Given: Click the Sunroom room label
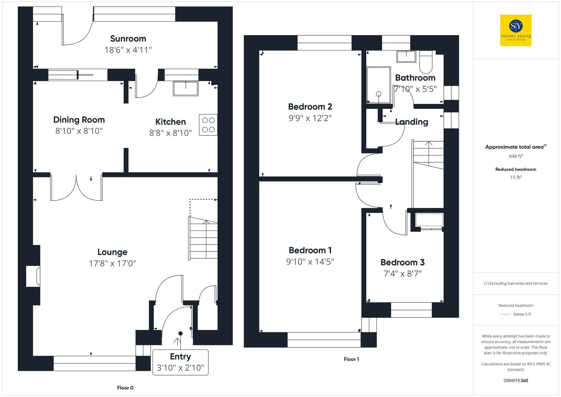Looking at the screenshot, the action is coord(128,38).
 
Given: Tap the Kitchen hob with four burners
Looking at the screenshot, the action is coord(208,125).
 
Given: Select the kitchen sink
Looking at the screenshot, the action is coord(186,88).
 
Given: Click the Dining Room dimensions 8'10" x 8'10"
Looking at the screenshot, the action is coord(79,131).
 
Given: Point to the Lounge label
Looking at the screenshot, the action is coord(112,252).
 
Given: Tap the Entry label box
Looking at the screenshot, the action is coord(180,362).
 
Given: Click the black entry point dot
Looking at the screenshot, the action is coord(181,333).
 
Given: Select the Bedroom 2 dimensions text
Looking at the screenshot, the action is coord(310,118).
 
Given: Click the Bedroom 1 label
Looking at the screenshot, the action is coord(310,250).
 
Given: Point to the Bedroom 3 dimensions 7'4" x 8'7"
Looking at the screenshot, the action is coord(403,274).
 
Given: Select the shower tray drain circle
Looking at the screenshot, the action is coord(379,94).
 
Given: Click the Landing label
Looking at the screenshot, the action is coord(411,122).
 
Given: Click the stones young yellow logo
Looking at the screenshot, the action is coord(516,30).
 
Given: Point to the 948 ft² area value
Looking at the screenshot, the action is coord(516,156).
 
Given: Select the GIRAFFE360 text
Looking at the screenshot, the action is coord(516,380).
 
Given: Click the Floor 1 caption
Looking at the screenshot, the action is coord(351,359).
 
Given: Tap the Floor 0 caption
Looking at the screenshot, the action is coord(125,388).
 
